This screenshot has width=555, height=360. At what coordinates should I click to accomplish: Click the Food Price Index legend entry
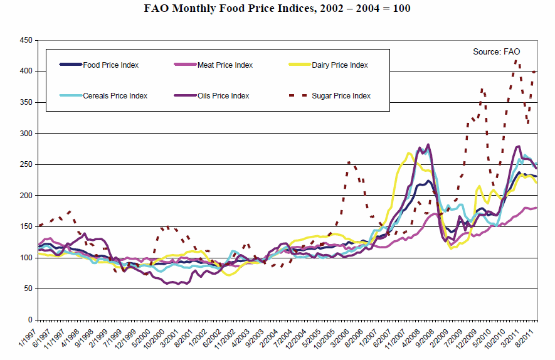point(110,65)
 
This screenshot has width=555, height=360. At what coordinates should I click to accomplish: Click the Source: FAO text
point(496,51)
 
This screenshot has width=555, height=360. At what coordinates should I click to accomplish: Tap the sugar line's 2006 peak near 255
point(349,162)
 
